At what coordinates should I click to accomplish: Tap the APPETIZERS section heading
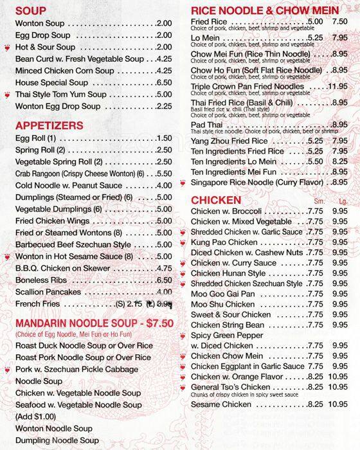point(49,125)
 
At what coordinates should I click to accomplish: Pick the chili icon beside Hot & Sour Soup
point(8,47)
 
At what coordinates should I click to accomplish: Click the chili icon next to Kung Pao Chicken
point(184,242)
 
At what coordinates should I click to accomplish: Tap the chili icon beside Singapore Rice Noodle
point(184,183)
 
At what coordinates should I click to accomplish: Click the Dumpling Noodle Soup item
point(57,440)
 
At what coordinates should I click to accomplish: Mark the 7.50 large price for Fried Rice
point(340,22)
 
